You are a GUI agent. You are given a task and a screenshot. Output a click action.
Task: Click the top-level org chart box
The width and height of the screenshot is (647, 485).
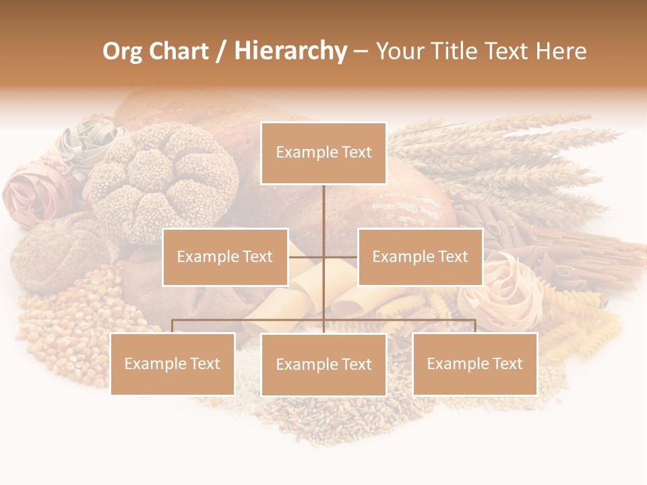pos(323,153)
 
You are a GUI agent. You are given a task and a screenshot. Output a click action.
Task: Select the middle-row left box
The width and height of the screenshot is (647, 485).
pos(225,257)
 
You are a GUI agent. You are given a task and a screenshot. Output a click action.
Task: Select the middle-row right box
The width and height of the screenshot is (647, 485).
pos(420,257)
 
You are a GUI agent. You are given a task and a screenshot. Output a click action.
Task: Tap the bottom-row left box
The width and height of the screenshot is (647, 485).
pos(173,364)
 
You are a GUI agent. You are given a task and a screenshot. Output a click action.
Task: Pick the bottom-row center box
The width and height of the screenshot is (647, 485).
pos(323,364)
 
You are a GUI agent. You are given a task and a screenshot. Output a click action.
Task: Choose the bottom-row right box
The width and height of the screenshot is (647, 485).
pos(474,364)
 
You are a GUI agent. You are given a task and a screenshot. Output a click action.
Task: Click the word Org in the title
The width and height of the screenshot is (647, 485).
pos(122,51)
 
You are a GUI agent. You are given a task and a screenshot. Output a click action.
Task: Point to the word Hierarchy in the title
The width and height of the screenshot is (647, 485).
pos(290,51)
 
